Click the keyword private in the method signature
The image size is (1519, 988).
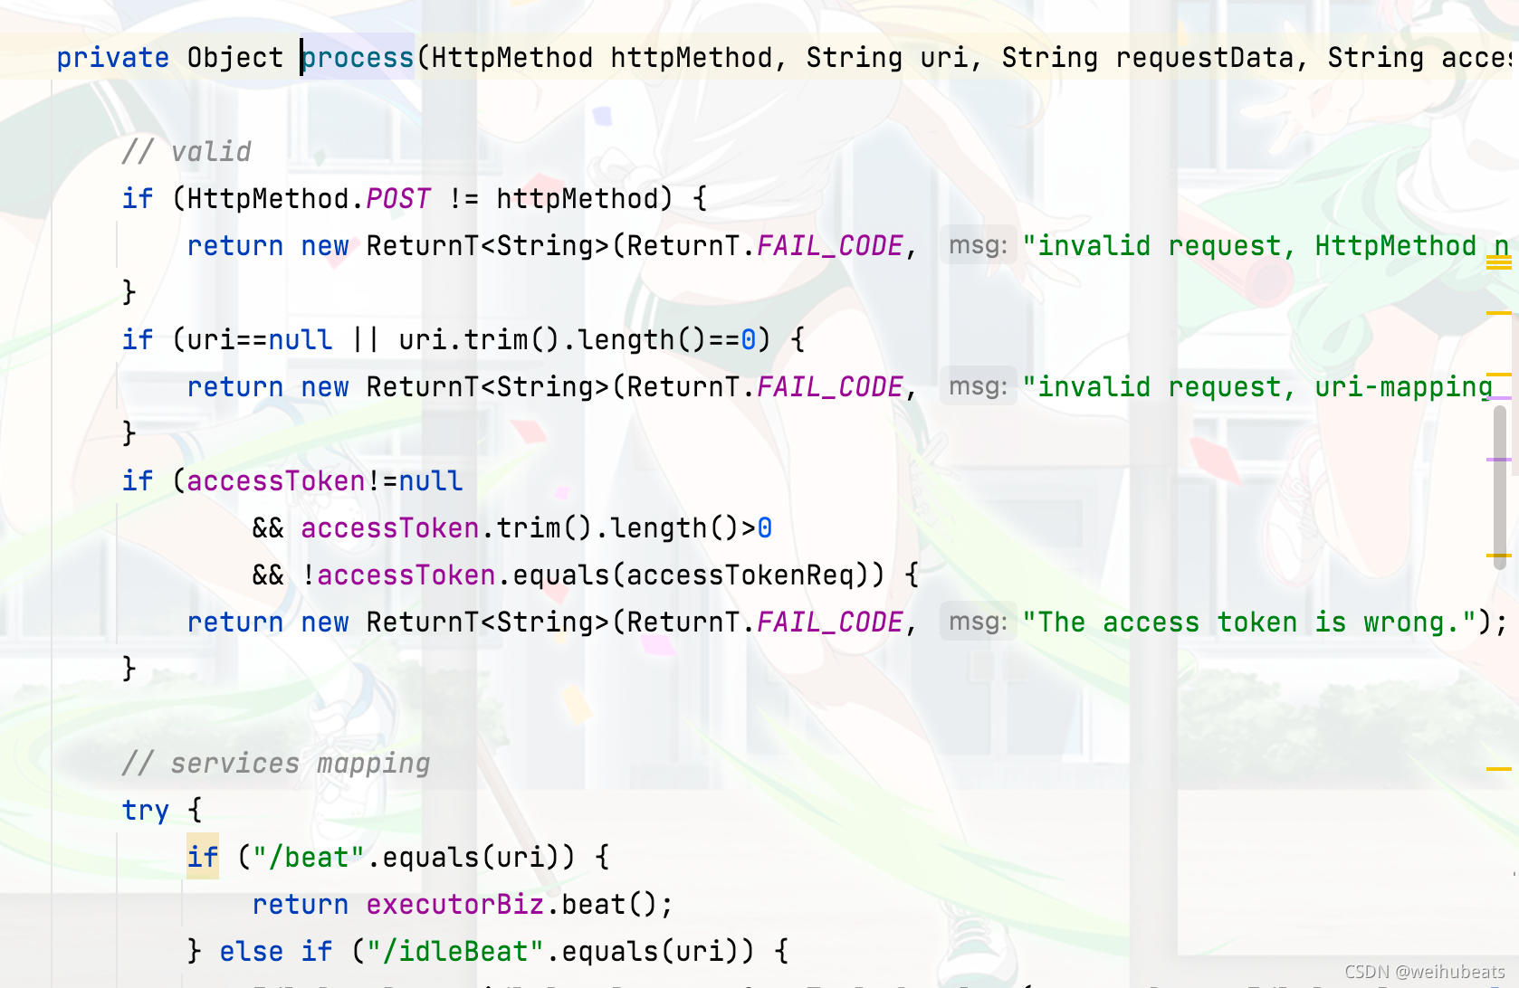(112, 58)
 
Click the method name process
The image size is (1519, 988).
(358, 58)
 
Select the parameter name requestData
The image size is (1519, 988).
(1205, 58)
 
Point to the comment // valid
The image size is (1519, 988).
(186, 151)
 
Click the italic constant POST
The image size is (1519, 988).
(398, 199)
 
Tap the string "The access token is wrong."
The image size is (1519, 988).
(1250, 622)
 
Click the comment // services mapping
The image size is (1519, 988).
(276, 764)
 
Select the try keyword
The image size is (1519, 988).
(146, 811)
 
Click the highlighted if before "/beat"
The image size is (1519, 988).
(203, 857)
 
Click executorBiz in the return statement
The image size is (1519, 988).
(455, 905)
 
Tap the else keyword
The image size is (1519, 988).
(252, 952)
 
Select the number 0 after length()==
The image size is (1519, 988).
(749, 340)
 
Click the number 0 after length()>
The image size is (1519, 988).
(765, 528)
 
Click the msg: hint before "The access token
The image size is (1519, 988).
(979, 622)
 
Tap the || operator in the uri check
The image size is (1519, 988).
(366, 340)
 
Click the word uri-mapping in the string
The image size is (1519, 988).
(1403, 387)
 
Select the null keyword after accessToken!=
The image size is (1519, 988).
(431, 481)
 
